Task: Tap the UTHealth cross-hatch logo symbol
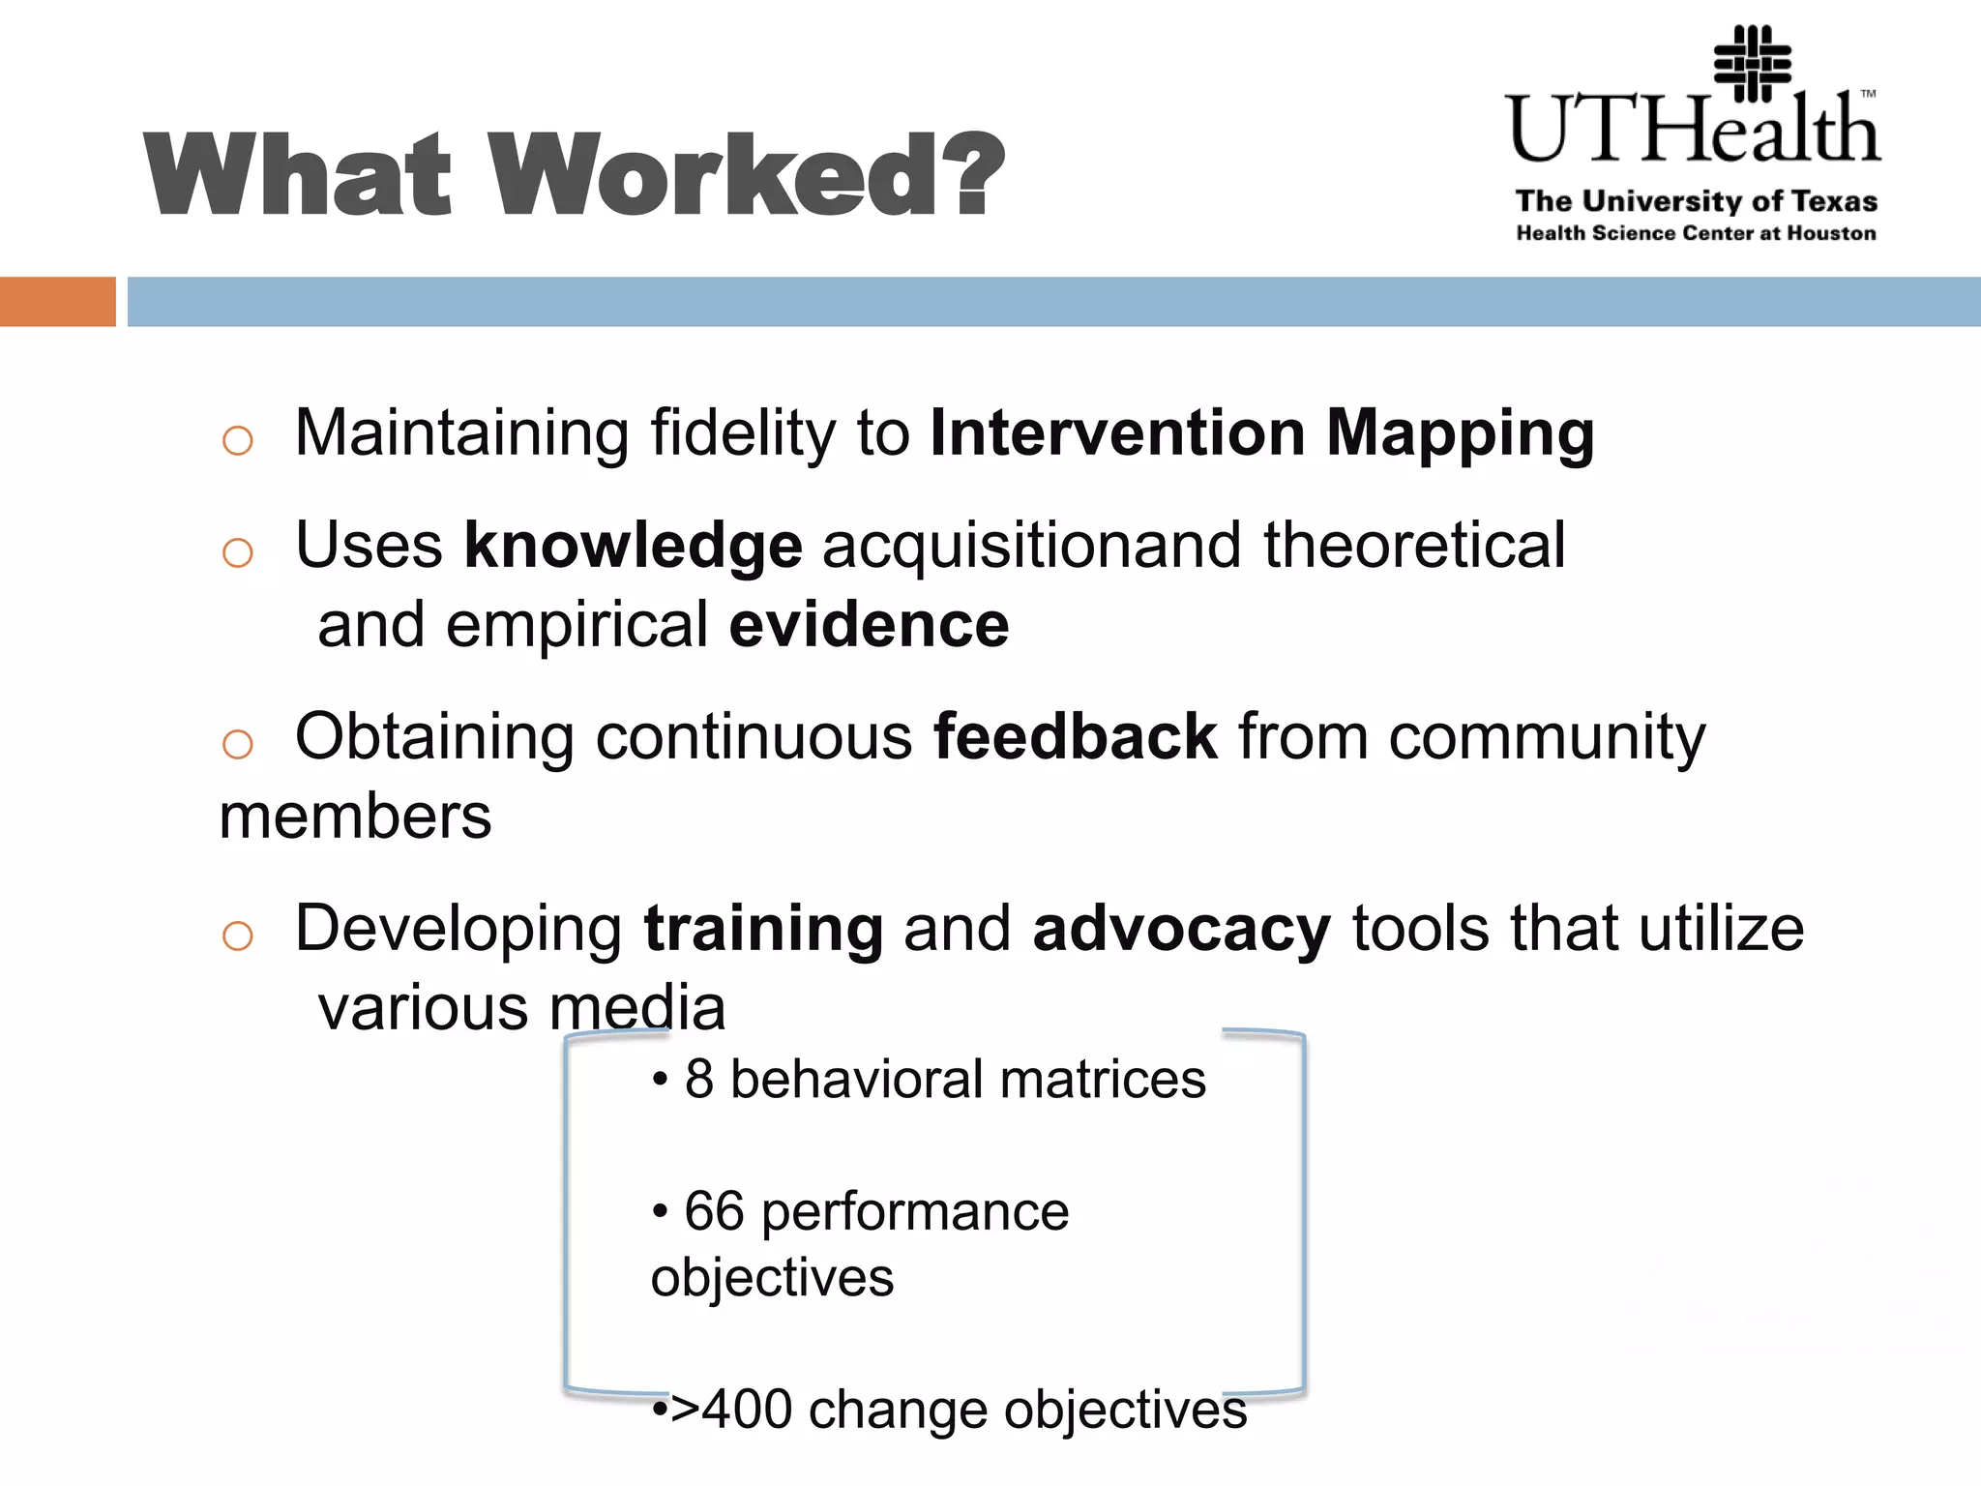1752,64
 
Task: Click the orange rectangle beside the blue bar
57,302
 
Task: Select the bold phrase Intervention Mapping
1261,433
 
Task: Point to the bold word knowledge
633,546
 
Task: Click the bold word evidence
869,625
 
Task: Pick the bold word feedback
1075,737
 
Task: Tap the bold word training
763,929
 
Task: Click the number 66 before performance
714,1211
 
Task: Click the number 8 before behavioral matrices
698,1080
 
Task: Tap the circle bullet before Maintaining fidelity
237,441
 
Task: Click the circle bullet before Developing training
237,936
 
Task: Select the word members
355,817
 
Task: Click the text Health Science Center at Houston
1695,233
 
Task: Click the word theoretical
1414,546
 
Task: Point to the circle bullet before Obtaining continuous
237,745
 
